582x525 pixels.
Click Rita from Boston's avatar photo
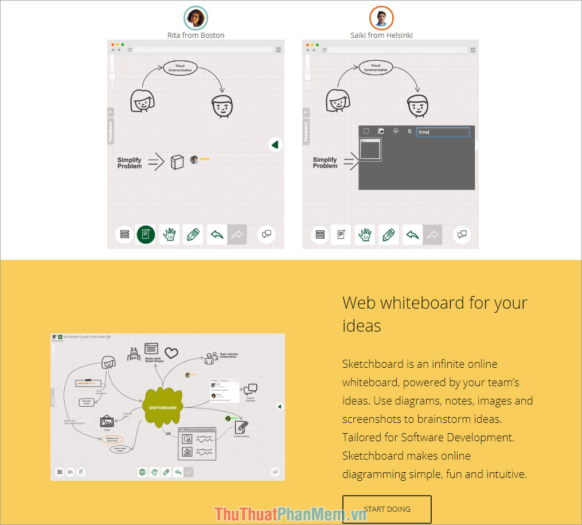click(196, 18)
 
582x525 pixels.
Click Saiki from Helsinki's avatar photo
click(381, 18)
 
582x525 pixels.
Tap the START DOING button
click(387, 509)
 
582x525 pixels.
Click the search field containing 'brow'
click(443, 132)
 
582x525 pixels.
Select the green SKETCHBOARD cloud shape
click(164, 407)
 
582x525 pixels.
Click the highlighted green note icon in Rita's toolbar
click(146, 234)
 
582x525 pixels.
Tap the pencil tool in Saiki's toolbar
click(389, 234)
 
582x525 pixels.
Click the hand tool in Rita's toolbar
click(169, 234)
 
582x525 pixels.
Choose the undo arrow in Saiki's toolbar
click(412, 234)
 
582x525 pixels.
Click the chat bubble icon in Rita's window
click(267, 234)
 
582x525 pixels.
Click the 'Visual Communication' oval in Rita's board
click(180, 68)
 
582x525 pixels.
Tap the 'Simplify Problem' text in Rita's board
click(130, 163)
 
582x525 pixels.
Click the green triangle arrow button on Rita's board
click(275, 145)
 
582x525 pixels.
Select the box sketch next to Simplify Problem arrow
click(177, 162)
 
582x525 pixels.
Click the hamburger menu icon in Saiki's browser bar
click(473, 50)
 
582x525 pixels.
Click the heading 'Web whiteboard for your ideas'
click(434, 314)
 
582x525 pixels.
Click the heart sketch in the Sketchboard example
click(171, 352)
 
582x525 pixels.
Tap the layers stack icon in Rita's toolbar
click(124, 234)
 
